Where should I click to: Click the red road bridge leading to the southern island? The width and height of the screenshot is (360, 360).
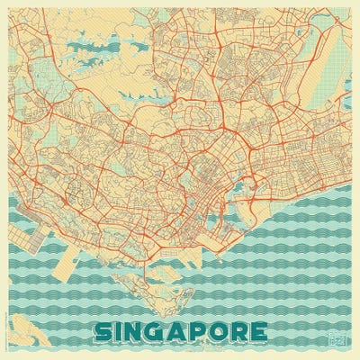click(x=144, y=265)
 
